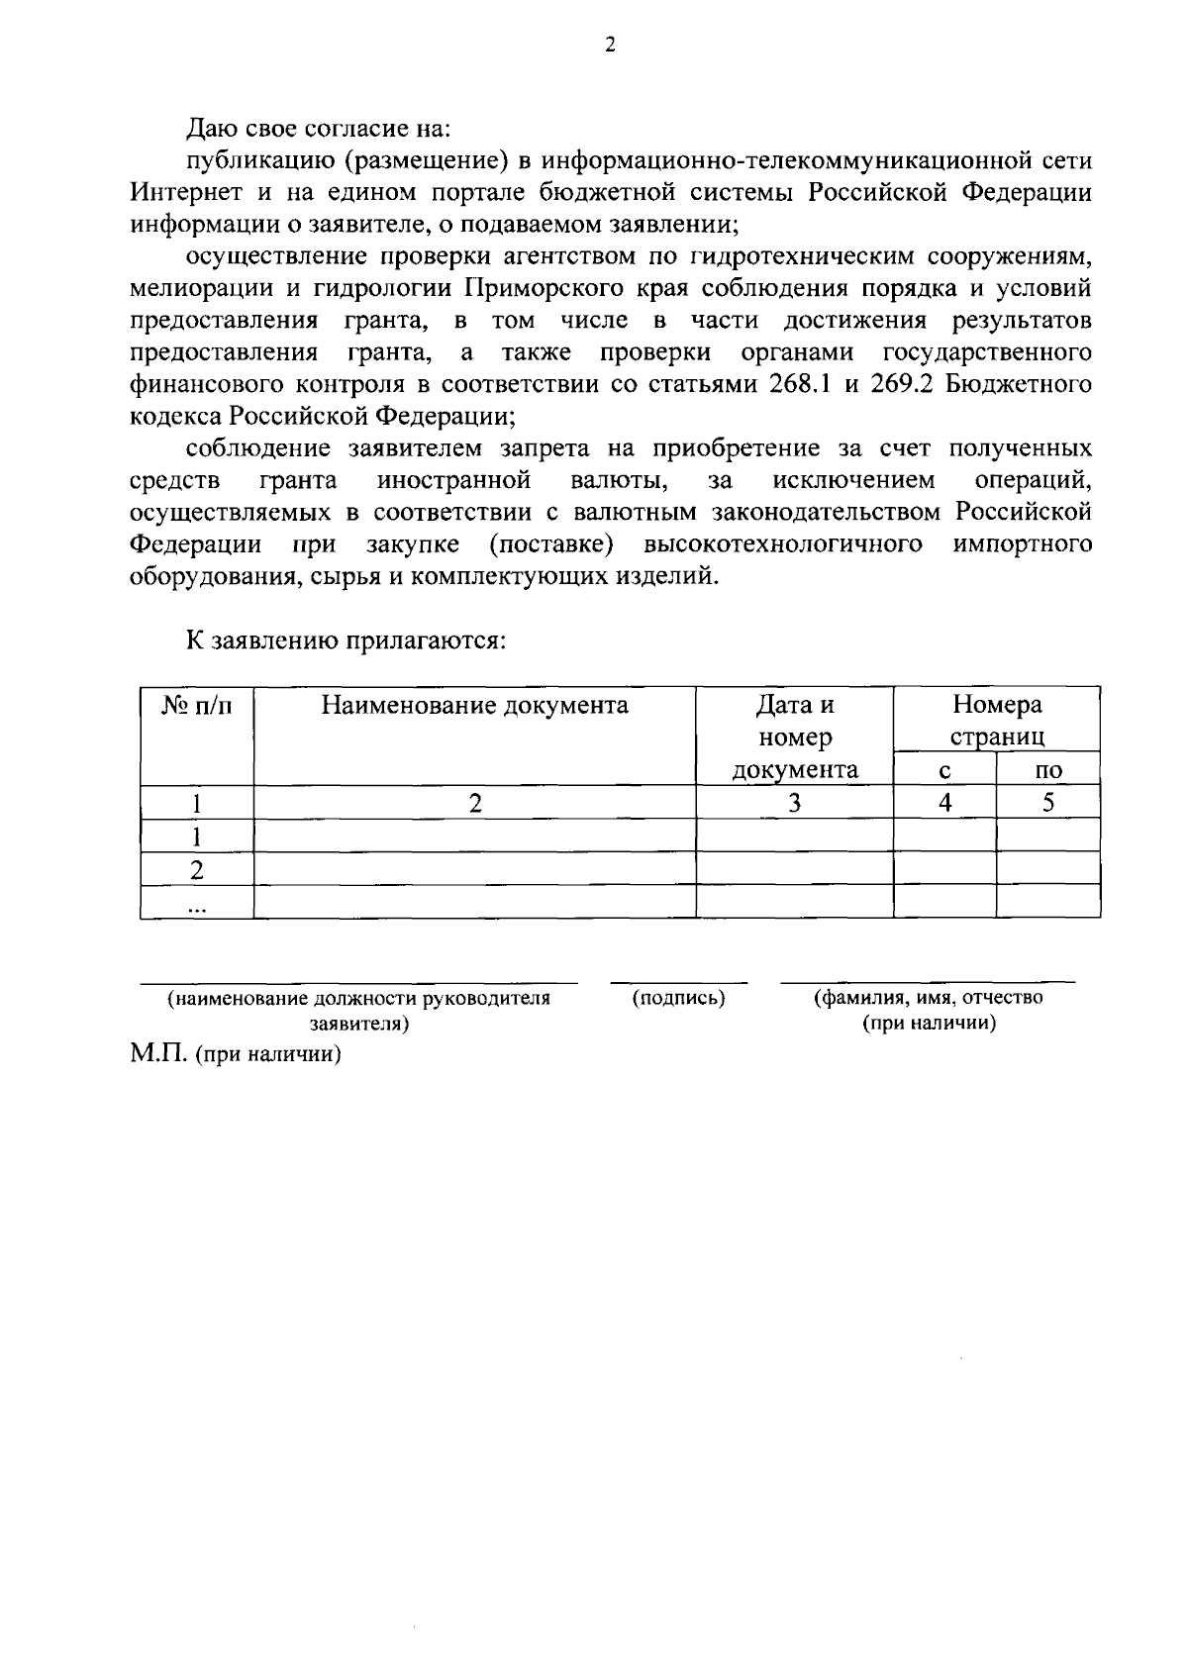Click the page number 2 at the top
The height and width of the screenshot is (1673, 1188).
tap(610, 46)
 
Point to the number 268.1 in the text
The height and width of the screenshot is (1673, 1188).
tap(800, 384)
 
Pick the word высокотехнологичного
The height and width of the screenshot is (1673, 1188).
tap(784, 543)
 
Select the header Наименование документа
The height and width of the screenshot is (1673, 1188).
tap(474, 706)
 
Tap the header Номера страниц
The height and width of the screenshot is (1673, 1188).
tap(996, 721)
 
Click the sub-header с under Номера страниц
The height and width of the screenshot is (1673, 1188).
tap(944, 771)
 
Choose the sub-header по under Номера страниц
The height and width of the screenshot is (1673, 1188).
tap(1047, 771)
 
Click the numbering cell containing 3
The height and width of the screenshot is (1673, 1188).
tap(794, 803)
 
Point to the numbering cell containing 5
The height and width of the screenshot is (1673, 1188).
tap(1047, 803)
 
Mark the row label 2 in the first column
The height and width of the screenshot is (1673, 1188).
tap(197, 870)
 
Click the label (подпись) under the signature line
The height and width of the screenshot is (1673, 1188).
tap(678, 999)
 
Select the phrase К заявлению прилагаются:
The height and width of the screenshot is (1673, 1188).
tap(346, 640)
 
